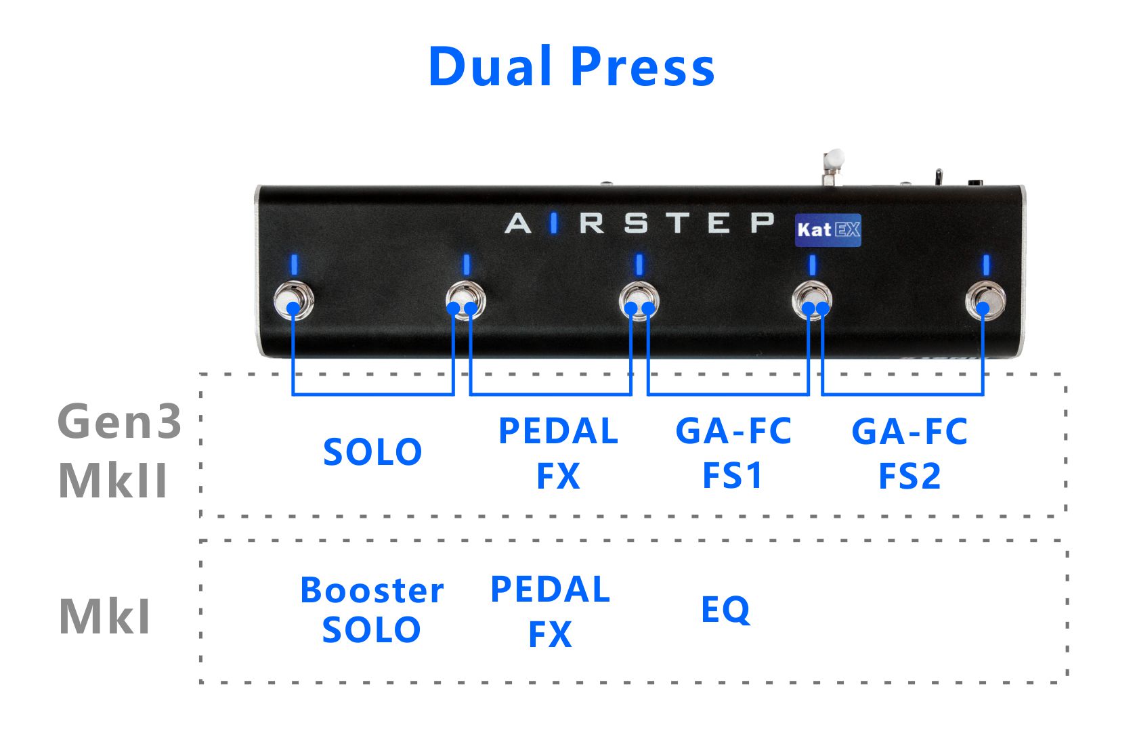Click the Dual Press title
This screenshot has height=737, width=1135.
(572, 66)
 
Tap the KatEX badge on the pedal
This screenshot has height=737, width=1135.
(828, 230)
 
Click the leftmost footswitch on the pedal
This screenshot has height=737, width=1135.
(293, 301)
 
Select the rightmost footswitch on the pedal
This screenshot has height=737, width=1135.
(985, 301)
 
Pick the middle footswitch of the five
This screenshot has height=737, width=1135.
(639, 301)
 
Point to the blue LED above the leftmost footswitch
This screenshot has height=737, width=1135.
(294, 265)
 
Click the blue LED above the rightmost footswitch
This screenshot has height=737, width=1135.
(986, 265)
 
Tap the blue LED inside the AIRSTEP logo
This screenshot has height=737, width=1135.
(554, 223)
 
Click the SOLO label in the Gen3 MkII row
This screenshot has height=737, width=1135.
(372, 452)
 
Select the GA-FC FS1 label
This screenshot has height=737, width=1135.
(733, 453)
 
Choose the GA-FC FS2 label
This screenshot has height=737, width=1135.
(909, 453)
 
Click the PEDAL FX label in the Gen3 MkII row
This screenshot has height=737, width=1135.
(558, 453)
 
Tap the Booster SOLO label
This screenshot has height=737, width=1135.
(372, 610)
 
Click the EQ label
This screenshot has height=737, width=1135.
(725, 610)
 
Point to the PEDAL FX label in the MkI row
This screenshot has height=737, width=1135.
(550, 611)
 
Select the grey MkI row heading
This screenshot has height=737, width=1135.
(105, 617)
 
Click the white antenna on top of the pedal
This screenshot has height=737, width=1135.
(834, 161)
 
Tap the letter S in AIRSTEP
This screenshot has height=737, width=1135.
(636, 223)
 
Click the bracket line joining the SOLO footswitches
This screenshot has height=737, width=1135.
(372, 393)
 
